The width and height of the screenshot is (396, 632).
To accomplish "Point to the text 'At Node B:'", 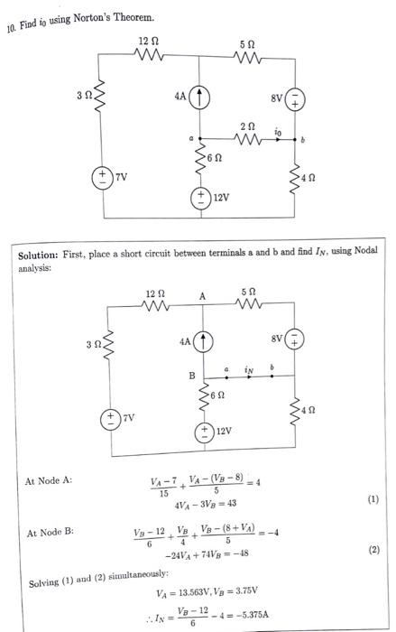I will (51, 534).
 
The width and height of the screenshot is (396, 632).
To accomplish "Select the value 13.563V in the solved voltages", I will (193, 594).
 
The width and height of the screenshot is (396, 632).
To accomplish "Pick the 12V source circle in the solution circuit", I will (206, 431).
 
